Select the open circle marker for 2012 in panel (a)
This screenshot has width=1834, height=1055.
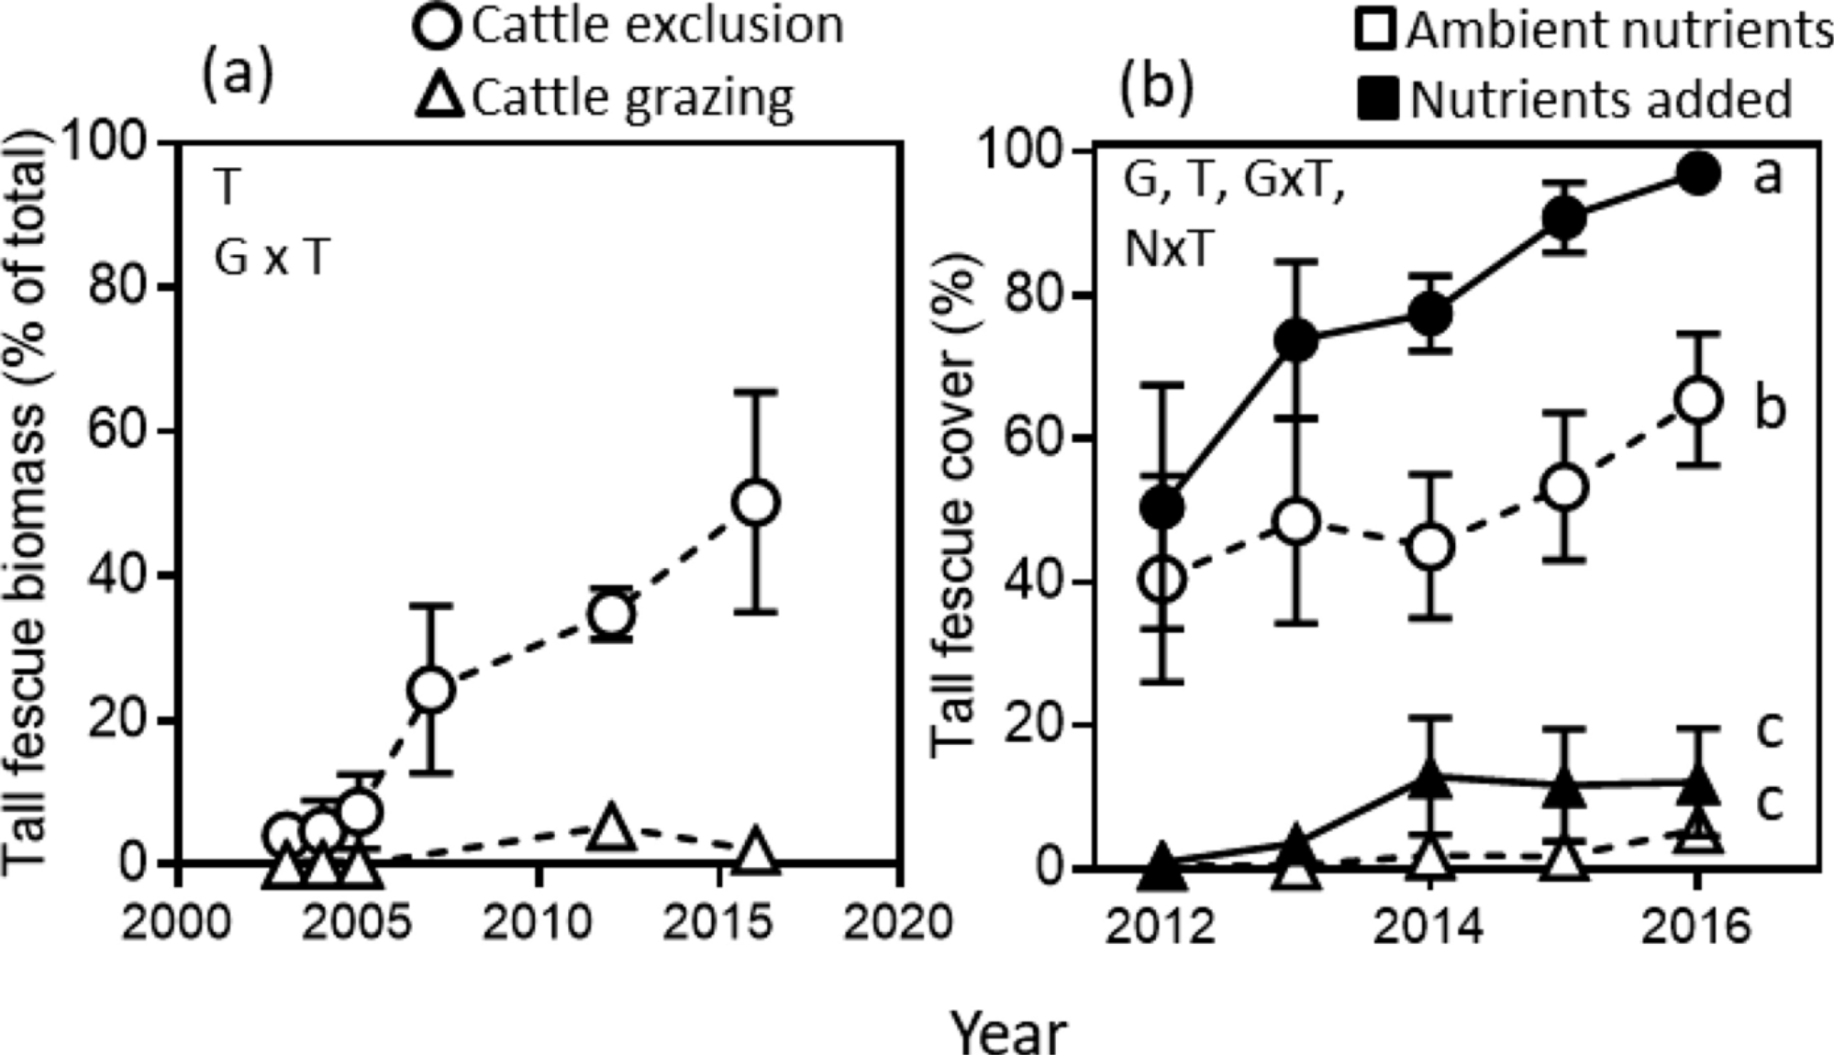click(612, 614)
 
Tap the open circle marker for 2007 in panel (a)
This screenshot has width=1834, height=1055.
click(432, 689)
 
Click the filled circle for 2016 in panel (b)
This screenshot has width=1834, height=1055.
click(1697, 174)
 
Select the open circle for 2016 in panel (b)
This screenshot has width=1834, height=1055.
click(1697, 400)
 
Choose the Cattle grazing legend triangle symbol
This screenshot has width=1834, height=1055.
click(439, 96)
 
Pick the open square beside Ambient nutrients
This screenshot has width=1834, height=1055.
click(1376, 29)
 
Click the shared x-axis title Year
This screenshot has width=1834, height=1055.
click(1009, 1032)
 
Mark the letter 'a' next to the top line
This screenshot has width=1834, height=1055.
click(1767, 174)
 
